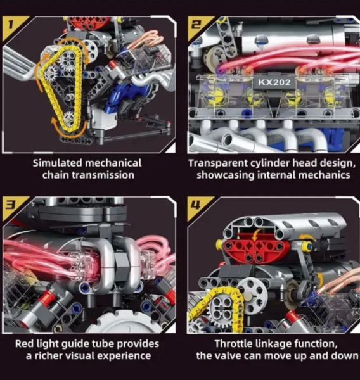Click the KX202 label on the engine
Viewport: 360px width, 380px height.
pyautogui.click(x=274, y=82)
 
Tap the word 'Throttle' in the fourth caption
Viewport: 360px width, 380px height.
pyautogui.click(x=233, y=344)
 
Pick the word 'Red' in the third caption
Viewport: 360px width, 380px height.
pyautogui.click(x=24, y=344)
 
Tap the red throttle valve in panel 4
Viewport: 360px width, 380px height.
pyautogui.click(x=256, y=248)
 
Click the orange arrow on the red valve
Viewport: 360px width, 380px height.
pyautogui.click(x=255, y=234)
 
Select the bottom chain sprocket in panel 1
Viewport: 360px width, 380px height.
pyautogui.click(x=68, y=119)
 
